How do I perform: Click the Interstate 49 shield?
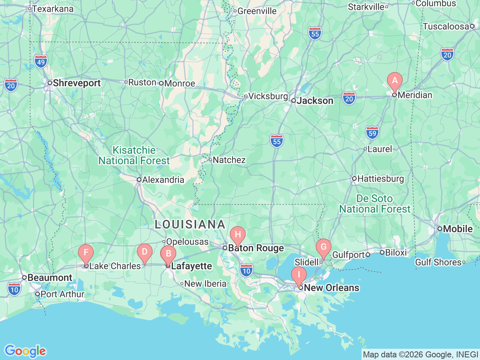(x=41, y=62)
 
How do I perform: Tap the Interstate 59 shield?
(x=372, y=133)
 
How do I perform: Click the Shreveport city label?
(x=76, y=83)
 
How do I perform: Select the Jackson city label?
(x=315, y=101)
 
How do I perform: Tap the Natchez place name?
(x=229, y=160)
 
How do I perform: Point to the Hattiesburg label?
(x=381, y=179)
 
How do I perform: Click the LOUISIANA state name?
(x=190, y=225)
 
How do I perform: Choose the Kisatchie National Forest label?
(x=134, y=156)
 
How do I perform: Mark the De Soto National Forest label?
(x=375, y=204)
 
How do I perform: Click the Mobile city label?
(x=457, y=229)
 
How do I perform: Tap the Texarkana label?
(x=53, y=9)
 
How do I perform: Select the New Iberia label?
(x=205, y=284)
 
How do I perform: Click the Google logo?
(x=25, y=351)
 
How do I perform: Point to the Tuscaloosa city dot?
(x=472, y=26)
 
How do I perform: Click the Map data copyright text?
(x=420, y=354)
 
